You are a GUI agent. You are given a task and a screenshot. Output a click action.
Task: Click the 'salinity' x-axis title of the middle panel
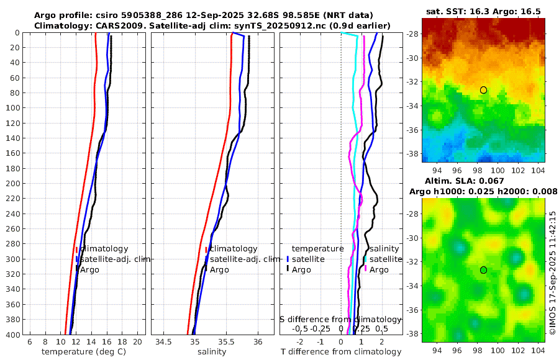[x=211, y=352]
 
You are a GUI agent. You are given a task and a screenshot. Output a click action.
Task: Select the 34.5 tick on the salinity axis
[x=163, y=342]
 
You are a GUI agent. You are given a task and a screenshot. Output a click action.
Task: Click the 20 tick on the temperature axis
[x=138, y=342]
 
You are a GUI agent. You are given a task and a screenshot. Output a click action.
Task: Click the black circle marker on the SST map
[x=483, y=90]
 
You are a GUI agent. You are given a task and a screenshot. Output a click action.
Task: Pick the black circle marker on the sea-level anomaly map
[x=483, y=270]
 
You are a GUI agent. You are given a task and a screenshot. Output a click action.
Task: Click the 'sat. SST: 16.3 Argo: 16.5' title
[x=483, y=12]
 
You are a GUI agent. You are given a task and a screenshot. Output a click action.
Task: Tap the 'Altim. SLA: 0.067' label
[x=482, y=181]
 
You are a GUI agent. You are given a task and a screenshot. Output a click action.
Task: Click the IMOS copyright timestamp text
[x=553, y=273]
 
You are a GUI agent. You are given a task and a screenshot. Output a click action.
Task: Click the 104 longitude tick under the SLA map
[x=537, y=349]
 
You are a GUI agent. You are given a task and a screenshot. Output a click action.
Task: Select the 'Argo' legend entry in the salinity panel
[x=219, y=269]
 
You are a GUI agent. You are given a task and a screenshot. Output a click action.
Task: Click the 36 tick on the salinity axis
[x=258, y=342]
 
